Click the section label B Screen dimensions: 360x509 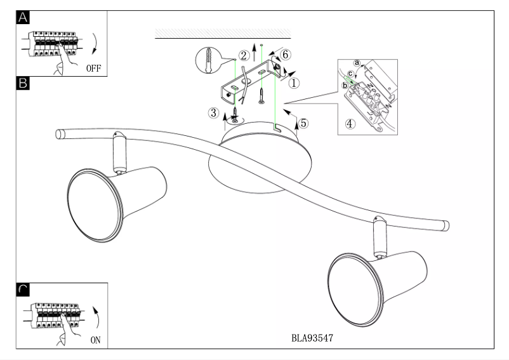pos(23,83)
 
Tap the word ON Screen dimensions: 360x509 pos(96,340)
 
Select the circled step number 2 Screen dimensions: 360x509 pos(243,56)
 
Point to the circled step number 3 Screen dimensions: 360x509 pos(214,113)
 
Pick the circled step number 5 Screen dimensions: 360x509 pos(304,123)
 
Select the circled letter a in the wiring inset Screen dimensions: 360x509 pos(357,63)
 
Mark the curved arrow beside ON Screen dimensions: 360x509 pos(96,316)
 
